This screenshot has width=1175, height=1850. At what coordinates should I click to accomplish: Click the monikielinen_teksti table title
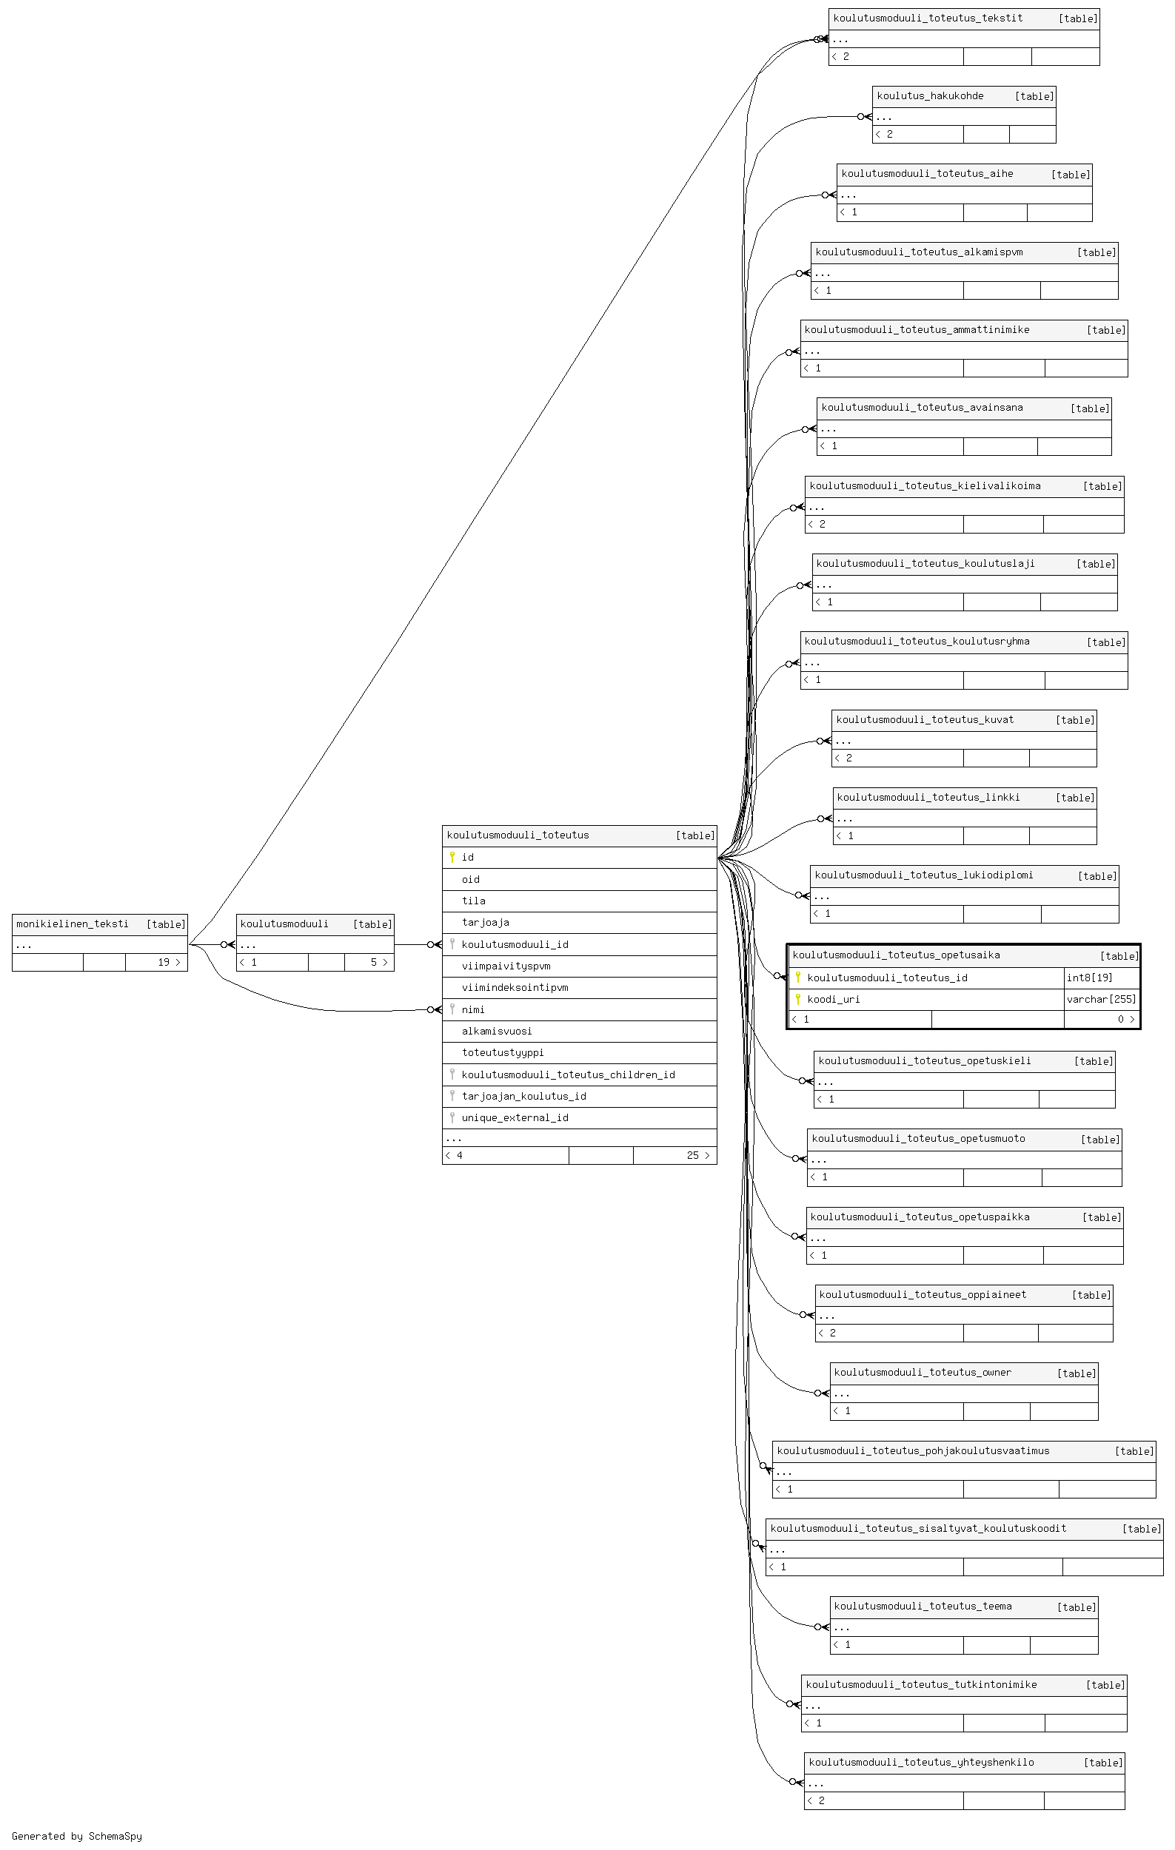[x=73, y=924]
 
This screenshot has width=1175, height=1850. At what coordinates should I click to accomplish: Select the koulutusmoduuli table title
[x=284, y=924]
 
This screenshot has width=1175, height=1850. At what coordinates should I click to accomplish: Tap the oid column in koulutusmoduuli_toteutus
[x=470, y=880]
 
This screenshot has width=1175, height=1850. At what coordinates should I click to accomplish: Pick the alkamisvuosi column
[x=497, y=1031]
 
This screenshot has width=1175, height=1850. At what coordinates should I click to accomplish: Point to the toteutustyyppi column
[x=503, y=1052]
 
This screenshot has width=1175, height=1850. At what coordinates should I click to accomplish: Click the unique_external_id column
[x=515, y=1118]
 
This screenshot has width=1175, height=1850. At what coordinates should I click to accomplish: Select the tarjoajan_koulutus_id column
[x=524, y=1097]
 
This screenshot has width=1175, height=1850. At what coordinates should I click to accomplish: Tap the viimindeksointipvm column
[x=515, y=988]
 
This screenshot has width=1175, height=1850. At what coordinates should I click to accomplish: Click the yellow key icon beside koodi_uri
[x=798, y=999]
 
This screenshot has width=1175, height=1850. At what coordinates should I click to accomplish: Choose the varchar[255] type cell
[x=1101, y=999]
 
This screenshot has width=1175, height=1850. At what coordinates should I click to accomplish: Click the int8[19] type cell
[x=1090, y=978]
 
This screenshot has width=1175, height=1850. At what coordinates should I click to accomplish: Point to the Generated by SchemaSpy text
[x=77, y=1836]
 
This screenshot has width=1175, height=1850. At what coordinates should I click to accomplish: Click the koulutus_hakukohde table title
[x=930, y=96]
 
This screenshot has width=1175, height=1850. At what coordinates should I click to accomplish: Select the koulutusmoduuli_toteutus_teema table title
[x=923, y=1606]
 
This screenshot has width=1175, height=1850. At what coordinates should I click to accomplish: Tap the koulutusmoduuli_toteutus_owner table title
[x=923, y=1372]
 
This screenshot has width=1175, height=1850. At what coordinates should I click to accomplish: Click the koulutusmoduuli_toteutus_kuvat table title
[x=925, y=720]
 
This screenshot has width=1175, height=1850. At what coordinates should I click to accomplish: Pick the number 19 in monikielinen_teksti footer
[x=164, y=962]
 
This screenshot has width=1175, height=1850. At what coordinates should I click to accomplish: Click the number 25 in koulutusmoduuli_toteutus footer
[x=693, y=1155]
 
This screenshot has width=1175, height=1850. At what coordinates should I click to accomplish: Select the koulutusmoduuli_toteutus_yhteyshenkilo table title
[x=921, y=1763]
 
